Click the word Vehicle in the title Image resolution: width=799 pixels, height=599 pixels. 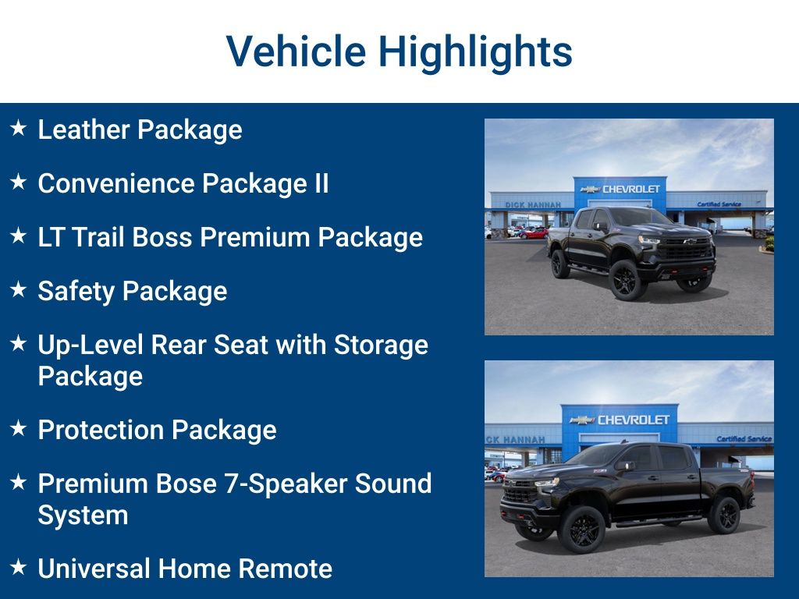tap(296, 51)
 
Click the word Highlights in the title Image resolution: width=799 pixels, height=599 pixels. tap(475, 51)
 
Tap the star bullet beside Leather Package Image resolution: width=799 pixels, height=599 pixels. tap(19, 127)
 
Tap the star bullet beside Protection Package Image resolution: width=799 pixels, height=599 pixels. tap(19, 427)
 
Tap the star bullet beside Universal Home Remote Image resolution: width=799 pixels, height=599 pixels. tap(19, 566)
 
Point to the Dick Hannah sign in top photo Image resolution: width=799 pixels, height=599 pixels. tap(533, 204)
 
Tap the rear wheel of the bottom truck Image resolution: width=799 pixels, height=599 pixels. tap(725, 516)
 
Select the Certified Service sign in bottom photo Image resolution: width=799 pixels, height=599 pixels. tap(744, 439)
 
